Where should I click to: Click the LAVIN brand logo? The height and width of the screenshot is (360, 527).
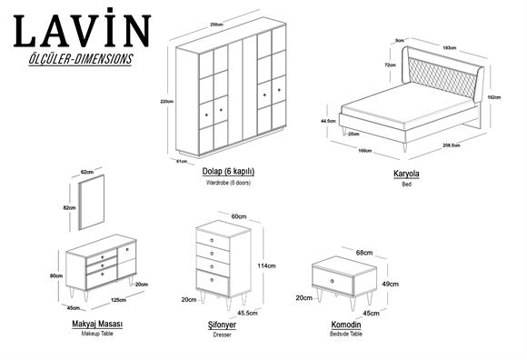click(x=81, y=30)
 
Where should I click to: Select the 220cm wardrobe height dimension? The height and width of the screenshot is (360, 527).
click(x=166, y=101)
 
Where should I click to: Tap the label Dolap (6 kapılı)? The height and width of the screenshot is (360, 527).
click(x=230, y=172)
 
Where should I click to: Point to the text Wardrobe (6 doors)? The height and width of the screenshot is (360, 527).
click(x=230, y=183)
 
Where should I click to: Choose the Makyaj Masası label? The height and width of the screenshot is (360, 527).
click(x=96, y=324)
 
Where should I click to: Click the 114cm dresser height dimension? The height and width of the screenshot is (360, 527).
click(x=268, y=265)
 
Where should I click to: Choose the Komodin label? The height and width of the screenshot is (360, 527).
click(x=345, y=324)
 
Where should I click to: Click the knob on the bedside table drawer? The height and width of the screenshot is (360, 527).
click(x=332, y=281)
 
